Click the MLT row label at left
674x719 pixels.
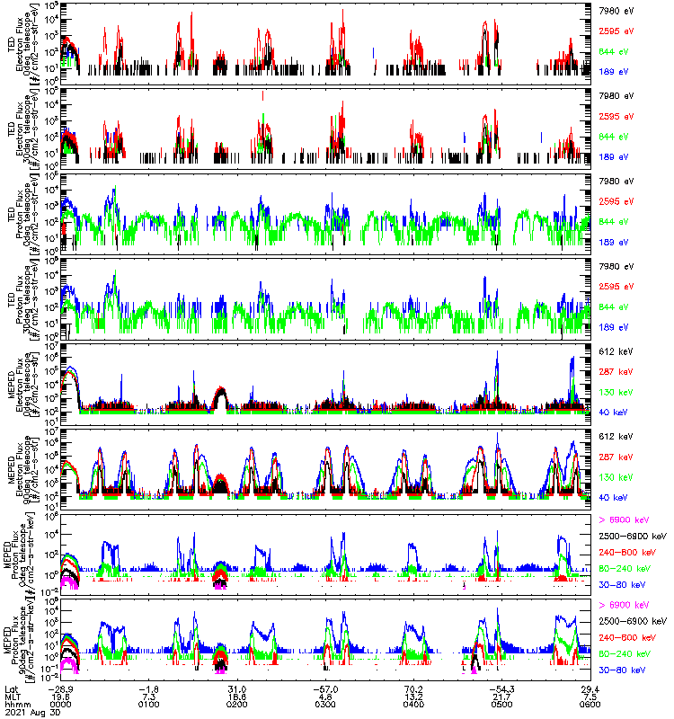(x=11, y=697)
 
